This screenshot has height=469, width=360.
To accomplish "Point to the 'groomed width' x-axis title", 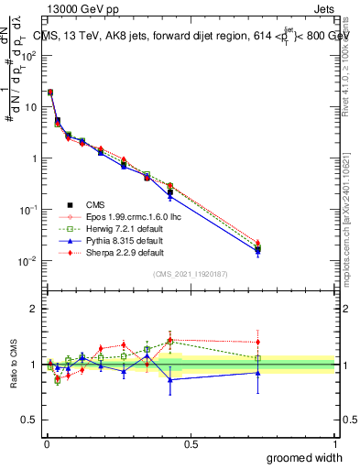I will tap(305, 457).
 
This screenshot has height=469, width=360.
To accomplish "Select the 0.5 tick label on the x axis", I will tap(191, 445).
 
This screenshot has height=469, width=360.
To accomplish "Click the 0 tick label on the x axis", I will tap(46, 445).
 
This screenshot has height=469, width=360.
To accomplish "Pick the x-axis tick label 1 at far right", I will tap(335, 445).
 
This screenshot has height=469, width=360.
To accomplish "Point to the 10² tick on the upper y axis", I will tap(29, 55).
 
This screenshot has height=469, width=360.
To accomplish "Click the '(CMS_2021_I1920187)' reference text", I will tap(190, 272).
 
